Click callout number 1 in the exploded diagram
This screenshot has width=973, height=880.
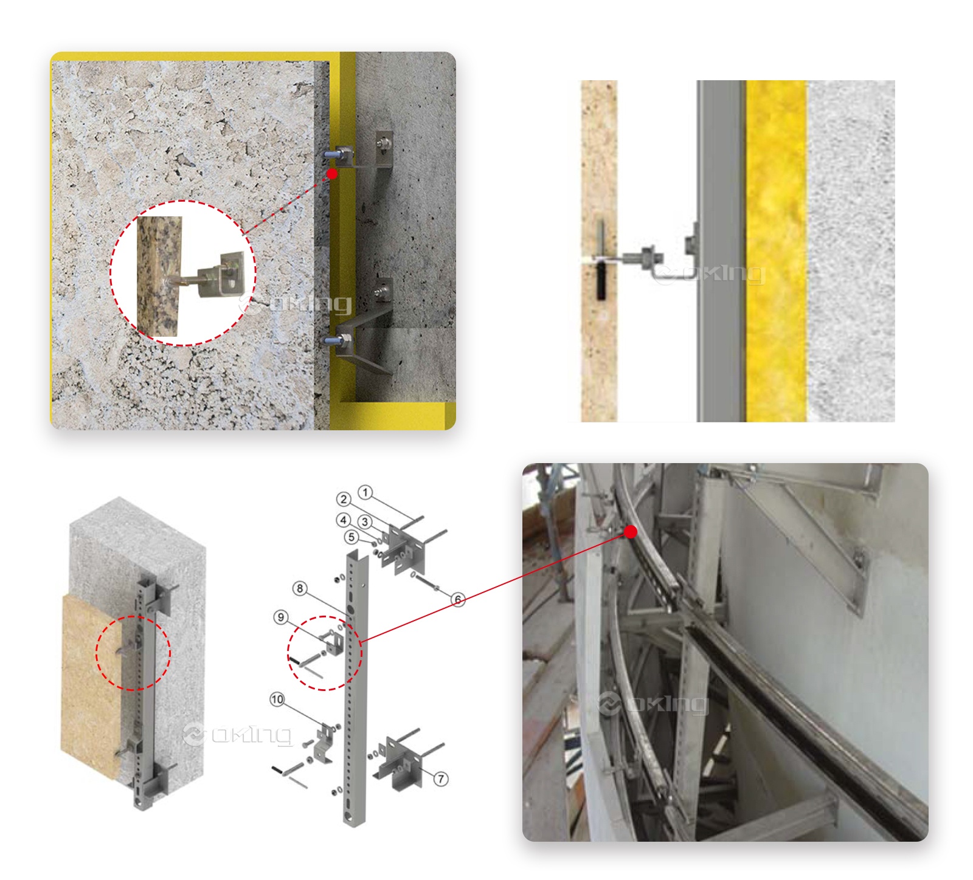[365, 492]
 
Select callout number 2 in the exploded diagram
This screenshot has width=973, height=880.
[344, 500]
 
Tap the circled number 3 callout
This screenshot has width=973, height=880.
[365, 521]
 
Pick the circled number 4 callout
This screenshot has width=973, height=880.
[344, 520]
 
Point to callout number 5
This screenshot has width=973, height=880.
[351, 537]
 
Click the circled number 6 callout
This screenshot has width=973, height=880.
[458, 600]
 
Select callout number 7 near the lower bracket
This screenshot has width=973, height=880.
[441, 779]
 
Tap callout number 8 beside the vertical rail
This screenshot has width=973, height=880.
[299, 588]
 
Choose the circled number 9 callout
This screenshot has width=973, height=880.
[280, 617]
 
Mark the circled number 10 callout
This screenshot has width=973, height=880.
[277, 699]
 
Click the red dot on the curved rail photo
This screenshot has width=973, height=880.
[631, 532]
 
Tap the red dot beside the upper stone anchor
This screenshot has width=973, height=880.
[332, 174]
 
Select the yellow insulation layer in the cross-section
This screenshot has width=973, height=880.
[776, 251]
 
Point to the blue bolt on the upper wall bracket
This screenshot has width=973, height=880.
[331, 155]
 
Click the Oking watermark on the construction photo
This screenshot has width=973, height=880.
[654, 704]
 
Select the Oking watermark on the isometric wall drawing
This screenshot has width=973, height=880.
[237, 735]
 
